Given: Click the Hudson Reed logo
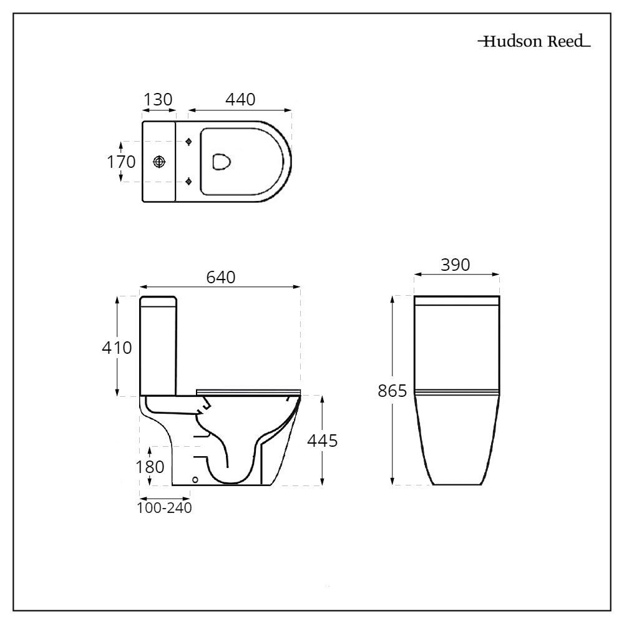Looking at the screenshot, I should pos(534,42).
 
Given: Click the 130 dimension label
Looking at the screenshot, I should pos(158,100).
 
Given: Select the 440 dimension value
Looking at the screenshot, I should pos(240,100).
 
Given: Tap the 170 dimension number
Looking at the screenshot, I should pos(121,162).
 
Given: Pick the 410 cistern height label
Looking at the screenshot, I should pos(117,348).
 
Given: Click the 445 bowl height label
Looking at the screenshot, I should pos(323,441).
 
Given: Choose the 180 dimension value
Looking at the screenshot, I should pos(149,466).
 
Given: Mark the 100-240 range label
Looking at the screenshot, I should pos(164,507).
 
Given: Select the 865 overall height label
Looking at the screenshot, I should pos(392,391).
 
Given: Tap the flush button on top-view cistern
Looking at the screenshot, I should pos(160,162).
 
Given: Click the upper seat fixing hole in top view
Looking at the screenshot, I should pos(189,142).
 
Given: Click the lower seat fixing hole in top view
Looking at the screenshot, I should pos(189,182).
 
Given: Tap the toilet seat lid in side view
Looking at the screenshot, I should pos(248,391).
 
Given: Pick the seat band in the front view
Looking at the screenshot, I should pos(457,392).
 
